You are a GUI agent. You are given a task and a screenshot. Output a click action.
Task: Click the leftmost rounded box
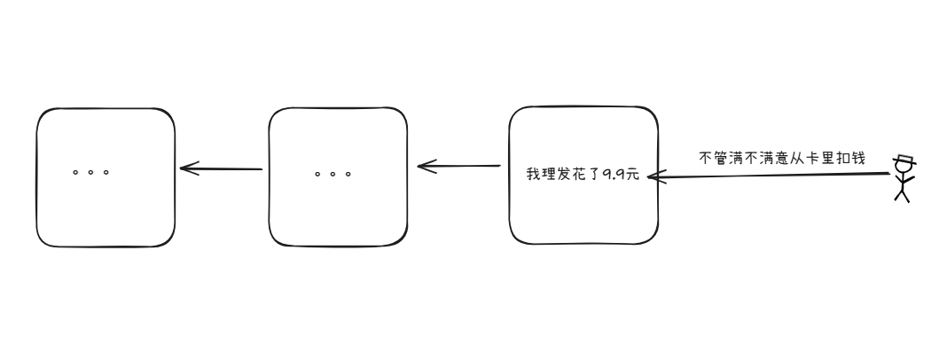106,177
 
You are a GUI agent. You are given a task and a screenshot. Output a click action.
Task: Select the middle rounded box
338,177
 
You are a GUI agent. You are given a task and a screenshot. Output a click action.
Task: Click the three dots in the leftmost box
90,172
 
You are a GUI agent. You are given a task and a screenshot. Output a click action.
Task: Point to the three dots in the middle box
333,174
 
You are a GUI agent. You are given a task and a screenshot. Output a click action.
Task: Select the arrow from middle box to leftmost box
222,168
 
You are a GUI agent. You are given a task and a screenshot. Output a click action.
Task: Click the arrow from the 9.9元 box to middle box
459,166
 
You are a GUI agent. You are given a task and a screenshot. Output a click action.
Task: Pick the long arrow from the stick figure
771,176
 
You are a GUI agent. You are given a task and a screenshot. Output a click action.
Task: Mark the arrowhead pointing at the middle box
424,166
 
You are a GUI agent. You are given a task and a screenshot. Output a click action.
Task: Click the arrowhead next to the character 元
653,177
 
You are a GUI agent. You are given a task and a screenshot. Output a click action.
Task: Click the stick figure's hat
904,160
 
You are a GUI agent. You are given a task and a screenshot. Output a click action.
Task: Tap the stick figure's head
904,168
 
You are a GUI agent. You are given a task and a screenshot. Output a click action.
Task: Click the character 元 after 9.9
632,175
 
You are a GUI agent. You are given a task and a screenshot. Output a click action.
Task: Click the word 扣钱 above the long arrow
849,158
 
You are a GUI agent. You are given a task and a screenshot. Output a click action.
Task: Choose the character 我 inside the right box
533,175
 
